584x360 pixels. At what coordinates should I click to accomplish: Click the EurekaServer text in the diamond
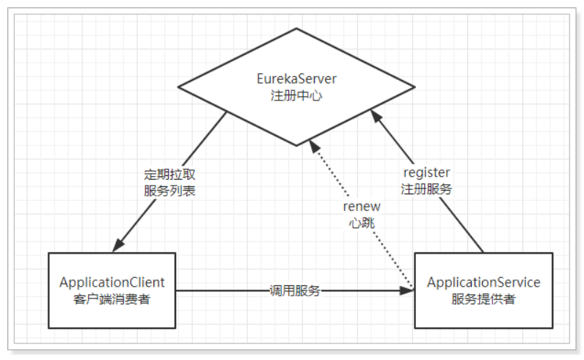296,78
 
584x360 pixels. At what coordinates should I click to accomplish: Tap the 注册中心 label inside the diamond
296,95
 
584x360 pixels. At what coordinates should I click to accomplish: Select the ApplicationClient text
112,282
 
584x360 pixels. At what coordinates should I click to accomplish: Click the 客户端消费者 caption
112,299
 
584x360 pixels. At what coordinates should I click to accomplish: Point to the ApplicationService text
483,282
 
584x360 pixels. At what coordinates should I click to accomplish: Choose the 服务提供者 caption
483,299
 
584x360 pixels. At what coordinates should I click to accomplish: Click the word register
427,173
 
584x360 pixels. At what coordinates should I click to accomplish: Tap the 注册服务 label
426,189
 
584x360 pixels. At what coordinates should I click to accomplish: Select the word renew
362,206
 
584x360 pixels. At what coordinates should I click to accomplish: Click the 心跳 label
362,223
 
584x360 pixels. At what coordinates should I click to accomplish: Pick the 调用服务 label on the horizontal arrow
295,291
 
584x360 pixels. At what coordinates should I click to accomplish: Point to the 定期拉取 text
169,175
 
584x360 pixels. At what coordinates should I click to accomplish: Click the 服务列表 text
169,191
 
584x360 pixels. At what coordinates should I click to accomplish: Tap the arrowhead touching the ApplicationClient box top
118,245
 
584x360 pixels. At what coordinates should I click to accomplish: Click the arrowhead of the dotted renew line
314,146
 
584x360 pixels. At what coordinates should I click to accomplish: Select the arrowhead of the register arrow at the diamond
376,116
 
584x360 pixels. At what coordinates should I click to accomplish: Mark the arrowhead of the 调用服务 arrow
406,291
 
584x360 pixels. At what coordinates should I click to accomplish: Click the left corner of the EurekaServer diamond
178,87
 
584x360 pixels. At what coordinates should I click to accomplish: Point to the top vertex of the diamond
296,29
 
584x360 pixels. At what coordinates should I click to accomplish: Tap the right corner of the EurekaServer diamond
415,87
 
